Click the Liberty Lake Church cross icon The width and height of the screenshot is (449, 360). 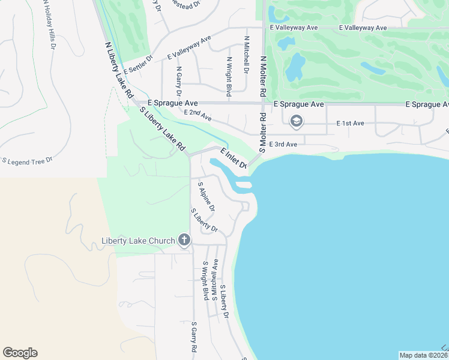(184, 241)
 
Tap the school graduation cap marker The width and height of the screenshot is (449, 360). (295, 122)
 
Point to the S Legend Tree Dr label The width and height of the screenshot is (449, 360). (28, 161)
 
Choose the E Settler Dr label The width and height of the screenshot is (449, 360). (139, 65)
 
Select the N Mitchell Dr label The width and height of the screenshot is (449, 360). (246, 54)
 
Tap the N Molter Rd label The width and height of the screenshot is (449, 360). (262, 76)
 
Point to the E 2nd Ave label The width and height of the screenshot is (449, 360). (198, 114)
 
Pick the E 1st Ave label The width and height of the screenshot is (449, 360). (351, 123)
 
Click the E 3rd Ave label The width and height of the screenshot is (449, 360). (283, 144)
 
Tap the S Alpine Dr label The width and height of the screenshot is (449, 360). (206, 196)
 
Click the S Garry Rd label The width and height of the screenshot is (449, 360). (194, 338)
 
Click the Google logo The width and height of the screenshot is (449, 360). (20, 352)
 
